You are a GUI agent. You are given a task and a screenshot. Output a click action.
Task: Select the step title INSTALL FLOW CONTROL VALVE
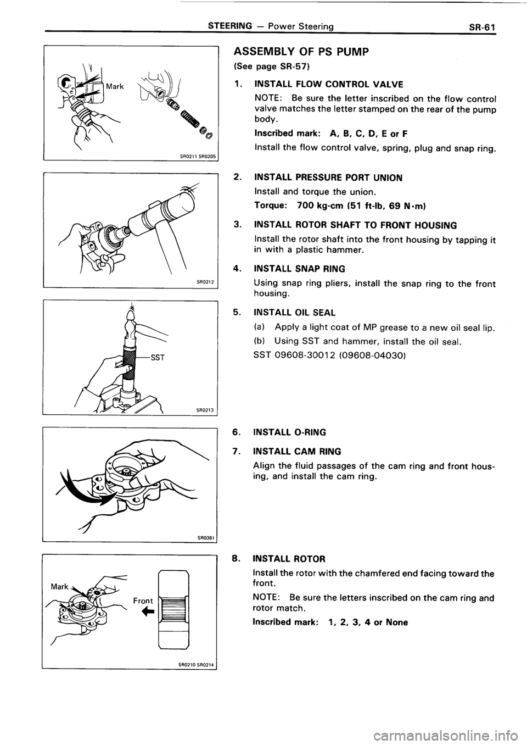328,84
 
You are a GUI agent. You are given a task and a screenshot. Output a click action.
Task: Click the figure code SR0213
203,409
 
